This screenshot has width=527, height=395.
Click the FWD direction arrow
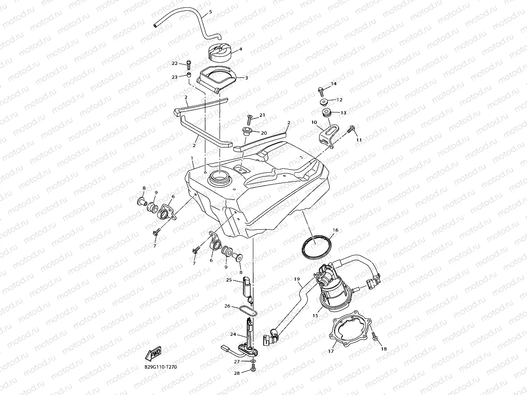(x=154, y=354)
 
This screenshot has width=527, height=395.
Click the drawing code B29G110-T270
(x=161, y=367)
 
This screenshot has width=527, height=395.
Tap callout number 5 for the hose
(x=210, y=12)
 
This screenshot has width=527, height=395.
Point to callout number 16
(x=335, y=230)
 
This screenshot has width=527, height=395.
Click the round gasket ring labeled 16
(x=317, y=247)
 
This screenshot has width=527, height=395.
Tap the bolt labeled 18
(x=375, y=336)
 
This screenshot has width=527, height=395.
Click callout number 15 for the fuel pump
(x=315, y=316)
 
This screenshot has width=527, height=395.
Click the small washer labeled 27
(x=253, y=361)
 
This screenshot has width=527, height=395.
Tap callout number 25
(x=228, y=280)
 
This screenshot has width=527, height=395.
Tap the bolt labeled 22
(x=189, y=64)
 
